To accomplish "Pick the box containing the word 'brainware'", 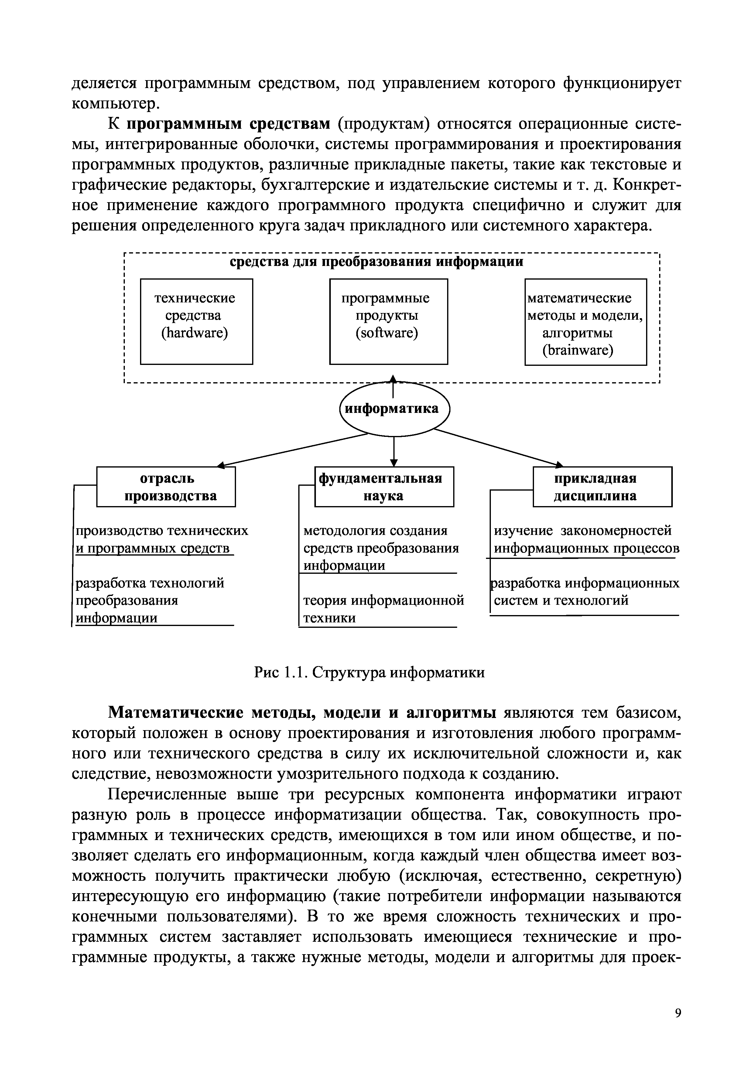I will click(586, 322).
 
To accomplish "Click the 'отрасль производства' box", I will click(166, 487).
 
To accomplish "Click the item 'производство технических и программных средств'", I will click(162, 539).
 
